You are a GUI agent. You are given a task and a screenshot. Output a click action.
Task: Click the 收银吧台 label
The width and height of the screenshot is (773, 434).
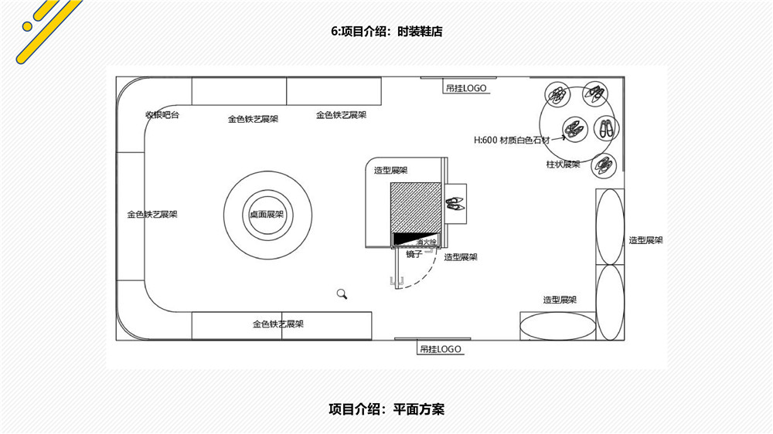click(162, 115)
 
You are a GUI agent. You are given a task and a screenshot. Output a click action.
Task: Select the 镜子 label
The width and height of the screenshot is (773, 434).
click(414, 254)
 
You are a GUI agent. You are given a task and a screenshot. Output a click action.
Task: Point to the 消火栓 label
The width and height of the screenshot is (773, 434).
click(427, 242)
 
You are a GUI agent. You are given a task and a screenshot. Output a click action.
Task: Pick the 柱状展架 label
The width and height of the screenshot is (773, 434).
click(563, 164)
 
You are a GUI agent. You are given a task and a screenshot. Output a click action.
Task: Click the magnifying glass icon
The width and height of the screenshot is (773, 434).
click(342, 293)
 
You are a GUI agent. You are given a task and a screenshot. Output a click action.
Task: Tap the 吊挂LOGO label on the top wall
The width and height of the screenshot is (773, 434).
click(466, 88)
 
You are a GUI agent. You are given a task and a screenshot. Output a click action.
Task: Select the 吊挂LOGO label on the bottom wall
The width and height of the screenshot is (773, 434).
click(441, 349)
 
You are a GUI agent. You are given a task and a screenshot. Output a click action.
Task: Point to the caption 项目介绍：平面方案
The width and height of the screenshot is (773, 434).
click(386, 409)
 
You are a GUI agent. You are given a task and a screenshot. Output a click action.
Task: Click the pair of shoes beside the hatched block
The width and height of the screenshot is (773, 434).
click(455, 204)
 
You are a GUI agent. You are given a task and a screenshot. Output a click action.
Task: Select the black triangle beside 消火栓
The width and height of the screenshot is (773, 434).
click(405, 239)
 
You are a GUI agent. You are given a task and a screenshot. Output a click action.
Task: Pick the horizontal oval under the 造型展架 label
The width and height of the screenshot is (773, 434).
click(557, 325)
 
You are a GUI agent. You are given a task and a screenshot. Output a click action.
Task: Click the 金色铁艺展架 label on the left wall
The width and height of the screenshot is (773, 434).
click(152, 215)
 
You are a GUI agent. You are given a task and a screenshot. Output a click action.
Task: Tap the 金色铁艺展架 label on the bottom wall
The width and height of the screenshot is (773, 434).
click(278, 324)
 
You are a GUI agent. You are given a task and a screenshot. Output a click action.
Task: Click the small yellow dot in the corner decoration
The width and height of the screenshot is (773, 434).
click(27, 26)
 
